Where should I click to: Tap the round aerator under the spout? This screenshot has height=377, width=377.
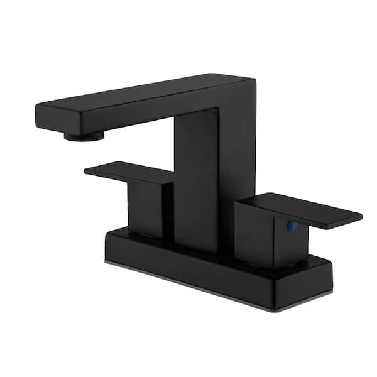tap(81, 135)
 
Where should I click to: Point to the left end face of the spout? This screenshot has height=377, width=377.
tap(43, 119)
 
